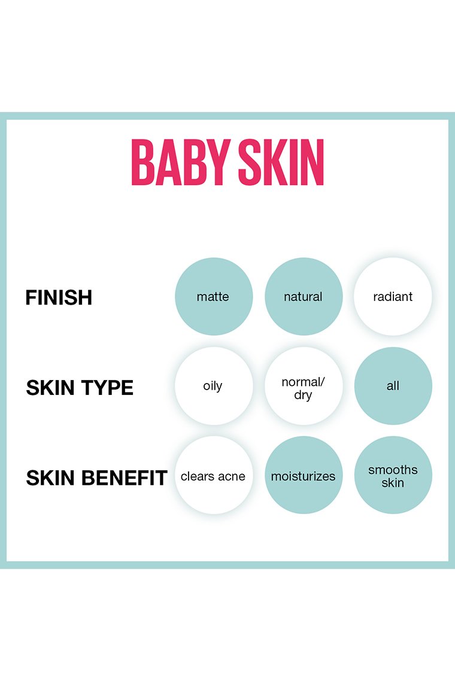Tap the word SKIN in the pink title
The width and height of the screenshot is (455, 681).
point(281,162)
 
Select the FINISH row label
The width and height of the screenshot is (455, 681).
point(59,297)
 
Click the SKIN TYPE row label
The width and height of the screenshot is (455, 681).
point(80,388)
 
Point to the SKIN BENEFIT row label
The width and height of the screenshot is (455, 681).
point(96,478)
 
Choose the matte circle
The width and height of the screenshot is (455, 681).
point(213,296)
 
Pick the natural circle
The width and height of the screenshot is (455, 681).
point(303,296)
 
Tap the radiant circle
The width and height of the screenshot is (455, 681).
point(393,296)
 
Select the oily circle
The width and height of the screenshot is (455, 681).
point(213,386)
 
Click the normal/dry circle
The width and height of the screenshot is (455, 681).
point(303,386)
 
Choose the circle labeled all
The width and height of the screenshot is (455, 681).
point(393,386)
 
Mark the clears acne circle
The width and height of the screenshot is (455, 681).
point(213,476)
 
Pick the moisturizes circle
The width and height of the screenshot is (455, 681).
point(303,476)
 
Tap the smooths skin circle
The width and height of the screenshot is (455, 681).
point(393,476)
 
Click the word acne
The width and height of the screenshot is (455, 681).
point(232,477)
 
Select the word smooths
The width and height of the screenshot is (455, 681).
point(393,470)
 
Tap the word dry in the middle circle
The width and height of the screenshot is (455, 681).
point(303,395)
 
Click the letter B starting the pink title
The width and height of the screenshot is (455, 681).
point(142,162)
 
